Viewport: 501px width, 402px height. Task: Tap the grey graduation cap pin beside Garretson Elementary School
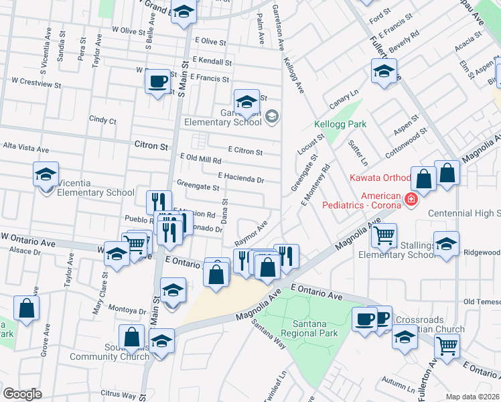(271, 117)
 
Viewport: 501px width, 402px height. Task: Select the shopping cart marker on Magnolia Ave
(384, 236)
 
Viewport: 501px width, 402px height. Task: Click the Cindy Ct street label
(102, 121)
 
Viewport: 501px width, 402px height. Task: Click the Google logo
(22, 393)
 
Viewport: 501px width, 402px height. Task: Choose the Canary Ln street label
(344, 100)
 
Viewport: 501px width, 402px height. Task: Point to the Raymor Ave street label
(251, 232)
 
